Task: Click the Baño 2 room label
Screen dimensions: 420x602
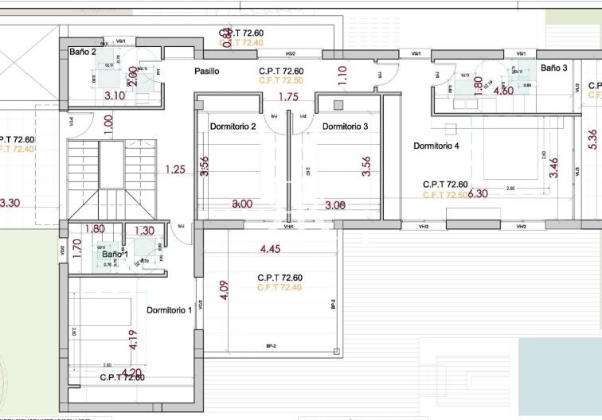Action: [83, 52]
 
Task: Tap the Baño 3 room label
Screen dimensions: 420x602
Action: [554, 68]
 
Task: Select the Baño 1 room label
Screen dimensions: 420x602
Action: [113, 255]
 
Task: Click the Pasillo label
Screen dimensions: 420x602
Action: [206, 72]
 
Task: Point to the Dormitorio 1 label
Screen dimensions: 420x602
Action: [169, 310]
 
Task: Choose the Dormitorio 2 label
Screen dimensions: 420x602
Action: [233, 126]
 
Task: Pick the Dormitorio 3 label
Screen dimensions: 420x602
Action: [345, 126]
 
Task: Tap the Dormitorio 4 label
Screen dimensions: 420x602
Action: [436, 146]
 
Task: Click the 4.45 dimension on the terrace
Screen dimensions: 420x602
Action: [271, 249]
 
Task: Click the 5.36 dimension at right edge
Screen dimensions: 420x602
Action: [592, 139]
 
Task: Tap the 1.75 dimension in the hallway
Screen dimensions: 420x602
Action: [288, 97]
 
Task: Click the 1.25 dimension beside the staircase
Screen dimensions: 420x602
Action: [175, 169]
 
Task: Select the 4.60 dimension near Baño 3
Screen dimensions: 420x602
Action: [503, 91]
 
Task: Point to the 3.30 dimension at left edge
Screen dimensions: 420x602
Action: [10, 203]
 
